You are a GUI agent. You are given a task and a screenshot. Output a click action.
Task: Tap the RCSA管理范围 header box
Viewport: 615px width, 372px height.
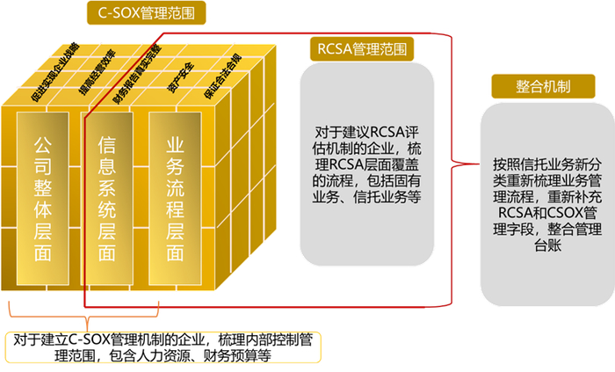[x=363, y=47]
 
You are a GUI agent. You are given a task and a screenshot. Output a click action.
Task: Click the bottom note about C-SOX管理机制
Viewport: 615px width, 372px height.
[x=164, y=347]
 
